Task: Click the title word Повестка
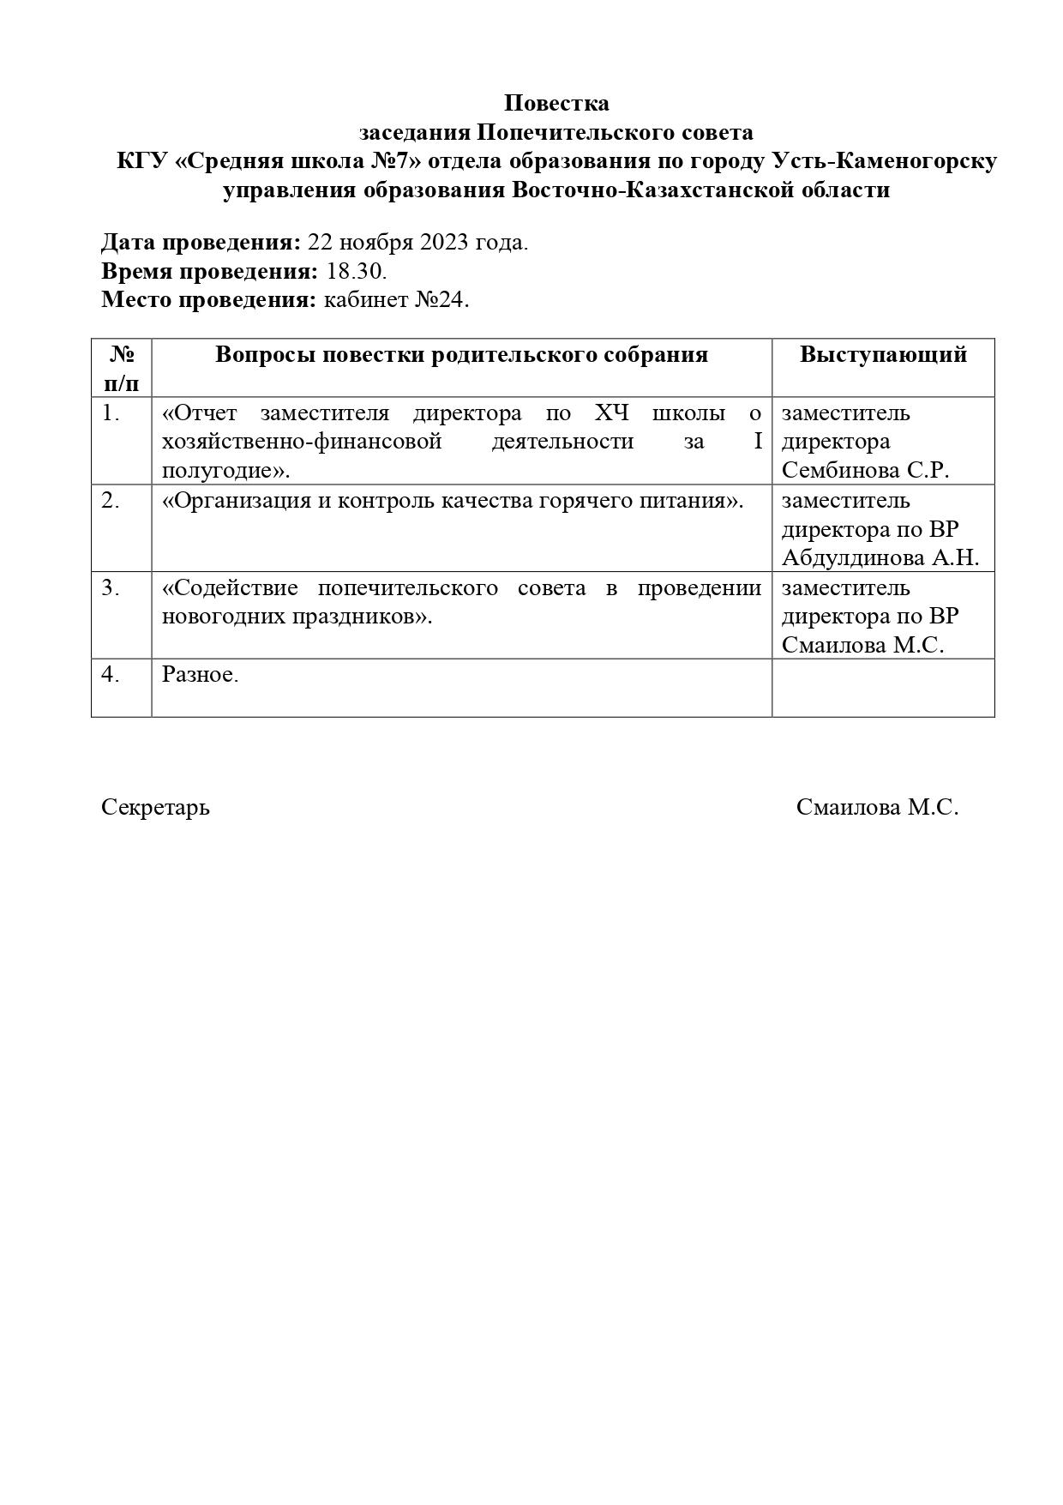[556, 103]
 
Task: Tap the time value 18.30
[357, 272]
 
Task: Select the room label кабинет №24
[397, 300]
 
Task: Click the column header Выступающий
[883, 354]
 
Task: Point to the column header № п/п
[122, 368]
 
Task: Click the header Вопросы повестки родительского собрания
[461, 354]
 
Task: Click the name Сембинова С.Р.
[865, 471]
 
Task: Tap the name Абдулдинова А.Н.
[880, 558]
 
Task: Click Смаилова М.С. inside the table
[862, 646]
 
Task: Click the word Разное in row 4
[198, 675]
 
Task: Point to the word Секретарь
[155, 808]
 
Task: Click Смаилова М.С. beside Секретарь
[877, 808]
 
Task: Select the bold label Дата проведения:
[201, 243]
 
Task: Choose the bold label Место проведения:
[209, 300]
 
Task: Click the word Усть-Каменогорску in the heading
[885, 161]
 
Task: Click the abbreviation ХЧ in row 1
[612, 412]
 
